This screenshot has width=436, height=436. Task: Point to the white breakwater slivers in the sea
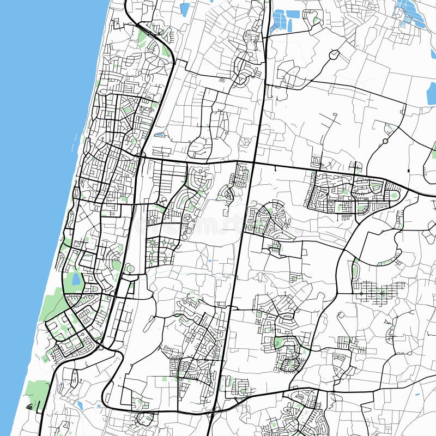point(75,142)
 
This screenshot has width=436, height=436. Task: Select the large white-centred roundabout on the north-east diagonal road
point(334,55)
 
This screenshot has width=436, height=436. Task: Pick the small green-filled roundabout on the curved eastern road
point(385,141)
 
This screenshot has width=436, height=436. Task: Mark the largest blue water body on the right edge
point(431,93)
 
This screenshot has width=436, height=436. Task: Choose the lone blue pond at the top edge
point(185,8)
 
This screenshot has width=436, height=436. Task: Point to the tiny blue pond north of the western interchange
point(159,135)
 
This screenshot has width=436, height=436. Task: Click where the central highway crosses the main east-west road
point(253,162)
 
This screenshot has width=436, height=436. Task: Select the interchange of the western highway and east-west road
point(139,156)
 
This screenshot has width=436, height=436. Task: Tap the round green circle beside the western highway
point(130,269)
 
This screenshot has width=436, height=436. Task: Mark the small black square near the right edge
point(409,172)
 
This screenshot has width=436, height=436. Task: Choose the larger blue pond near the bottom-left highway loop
point(80,405)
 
